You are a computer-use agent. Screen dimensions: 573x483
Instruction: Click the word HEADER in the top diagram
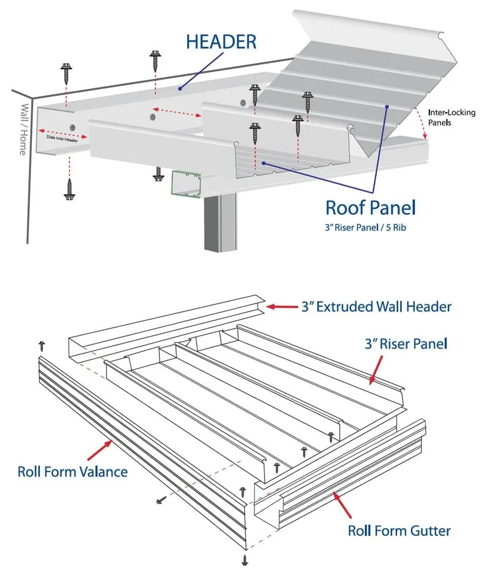(221, 42)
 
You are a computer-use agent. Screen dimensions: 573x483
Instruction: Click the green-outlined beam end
(186, 183)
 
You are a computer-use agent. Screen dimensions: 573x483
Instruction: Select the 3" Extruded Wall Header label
(376, 307)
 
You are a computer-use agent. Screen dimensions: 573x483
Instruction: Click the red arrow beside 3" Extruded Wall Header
(280, 307)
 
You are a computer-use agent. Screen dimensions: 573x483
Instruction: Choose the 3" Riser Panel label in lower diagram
(406, 343)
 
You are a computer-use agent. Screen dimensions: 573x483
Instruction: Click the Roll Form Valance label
(72, 472)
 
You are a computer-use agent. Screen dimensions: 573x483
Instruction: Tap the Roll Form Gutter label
(399, 531)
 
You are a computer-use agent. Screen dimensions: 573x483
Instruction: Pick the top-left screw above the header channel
(67, 72)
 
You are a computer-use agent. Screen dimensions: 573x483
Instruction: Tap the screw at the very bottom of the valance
(245, 560)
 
